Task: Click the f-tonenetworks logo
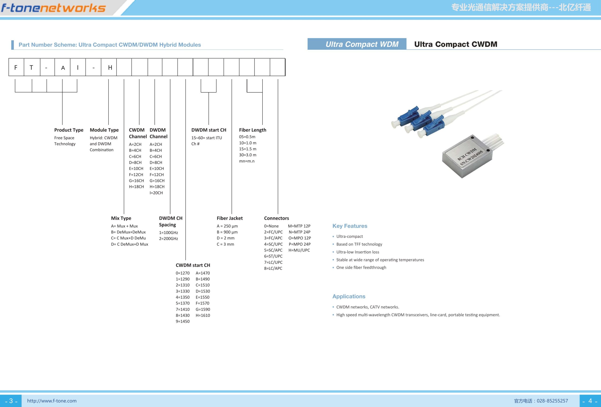click(54, 8)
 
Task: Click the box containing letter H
click(109, 67)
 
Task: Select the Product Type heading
click(69, 130)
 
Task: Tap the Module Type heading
click(104, 130)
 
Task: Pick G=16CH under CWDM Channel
click(136, 181)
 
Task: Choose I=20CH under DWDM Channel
click(156, 193)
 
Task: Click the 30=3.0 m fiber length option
click(248, 155)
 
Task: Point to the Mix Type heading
click(121, 218)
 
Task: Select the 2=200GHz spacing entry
click(168, 239)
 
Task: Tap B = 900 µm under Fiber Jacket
click(227, 232)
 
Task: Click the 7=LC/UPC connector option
click(273, 262)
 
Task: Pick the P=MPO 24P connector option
click(300, 244)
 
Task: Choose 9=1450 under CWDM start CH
click(183, 321)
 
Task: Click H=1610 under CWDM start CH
click(203, 315)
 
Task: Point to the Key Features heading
click(350, 226)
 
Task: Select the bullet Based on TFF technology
click(359, 244)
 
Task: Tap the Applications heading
click(349, 297)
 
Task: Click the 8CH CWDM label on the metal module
click(467, 154)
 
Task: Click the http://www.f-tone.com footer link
click(52, 401)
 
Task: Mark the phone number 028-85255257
click(552, 401)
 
